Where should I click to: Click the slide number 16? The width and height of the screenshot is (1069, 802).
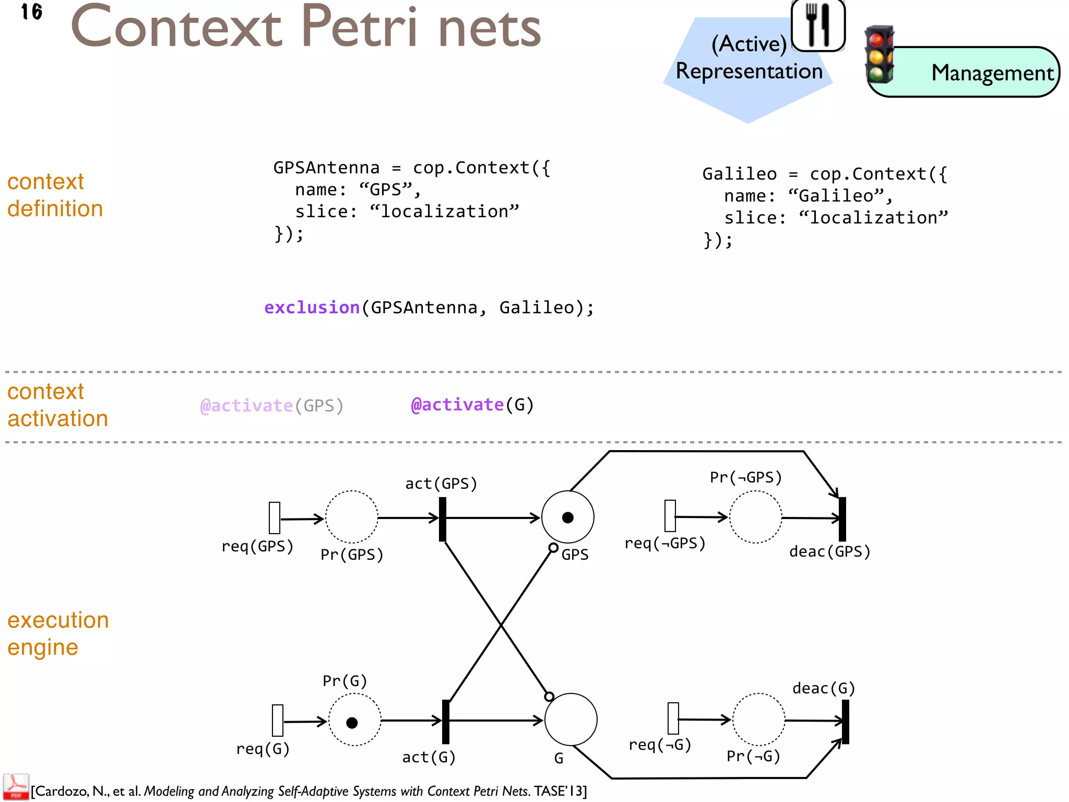tap(32, 11)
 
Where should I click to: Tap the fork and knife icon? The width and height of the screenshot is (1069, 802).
tap(818, 25)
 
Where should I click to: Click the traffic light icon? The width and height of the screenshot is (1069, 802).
tap(879, 55)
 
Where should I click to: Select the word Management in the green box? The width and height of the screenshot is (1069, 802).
tap(992, 73)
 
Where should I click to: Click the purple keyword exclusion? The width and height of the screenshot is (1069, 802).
tap(312, 308)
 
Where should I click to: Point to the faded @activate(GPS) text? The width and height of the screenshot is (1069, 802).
tap(271, 406)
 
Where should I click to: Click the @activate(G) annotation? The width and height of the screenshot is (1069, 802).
tap(472, 405)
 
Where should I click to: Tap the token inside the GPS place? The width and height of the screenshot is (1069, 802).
tap(568, 517)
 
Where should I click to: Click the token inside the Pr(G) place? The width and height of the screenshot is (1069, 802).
tap(352, 723)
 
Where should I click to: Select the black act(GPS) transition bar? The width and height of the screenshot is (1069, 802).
tap(443, 519)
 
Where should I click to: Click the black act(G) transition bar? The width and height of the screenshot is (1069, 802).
tap(446, 722)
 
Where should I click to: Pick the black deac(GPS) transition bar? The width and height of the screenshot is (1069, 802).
tap(842, 519)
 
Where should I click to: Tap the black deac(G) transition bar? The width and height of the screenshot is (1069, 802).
tap(846, 722)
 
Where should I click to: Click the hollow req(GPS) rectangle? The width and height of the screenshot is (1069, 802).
tap(275, 518)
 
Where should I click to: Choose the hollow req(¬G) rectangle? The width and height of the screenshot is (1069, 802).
tap(673, 718)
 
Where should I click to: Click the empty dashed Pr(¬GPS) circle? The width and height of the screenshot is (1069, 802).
tap(755, 517)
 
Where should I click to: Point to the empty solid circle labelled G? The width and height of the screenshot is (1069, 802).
tap(571, 720)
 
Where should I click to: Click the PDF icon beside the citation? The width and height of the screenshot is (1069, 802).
tap(16, 787)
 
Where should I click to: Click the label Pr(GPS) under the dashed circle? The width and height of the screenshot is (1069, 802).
tap(352, 555)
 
